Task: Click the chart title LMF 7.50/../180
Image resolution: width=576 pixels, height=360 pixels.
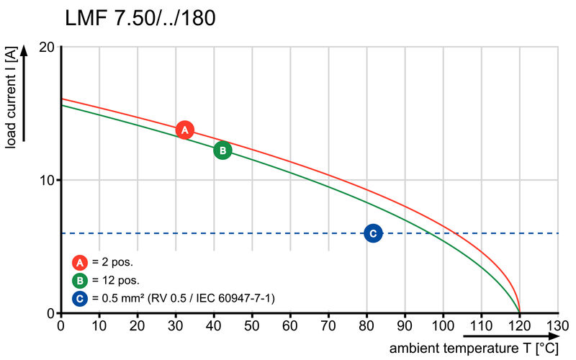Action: pyautogui.click(x=140, y=18)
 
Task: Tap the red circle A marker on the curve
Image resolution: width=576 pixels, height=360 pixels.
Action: pyautogui.click(x=185, y=130)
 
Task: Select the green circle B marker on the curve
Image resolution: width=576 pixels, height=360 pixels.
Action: pyautogui.click(x=223, y=150)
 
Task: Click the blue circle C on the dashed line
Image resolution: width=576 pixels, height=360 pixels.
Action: pyautogui.click(x=373, y=233)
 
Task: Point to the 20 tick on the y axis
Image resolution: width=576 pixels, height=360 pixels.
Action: pyautogui.click(x=47, y=47)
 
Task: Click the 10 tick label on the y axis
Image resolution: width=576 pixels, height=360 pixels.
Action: pyautogui.click(x=47, y=180)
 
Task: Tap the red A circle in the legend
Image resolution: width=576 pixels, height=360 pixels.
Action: pyautogui.click(x=79, y=262)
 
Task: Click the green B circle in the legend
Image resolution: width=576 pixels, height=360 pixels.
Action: pyautogui.click(x=79, y=280)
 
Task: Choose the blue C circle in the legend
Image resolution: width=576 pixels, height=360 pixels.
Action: pyautogui.click(x=79, y=298)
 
